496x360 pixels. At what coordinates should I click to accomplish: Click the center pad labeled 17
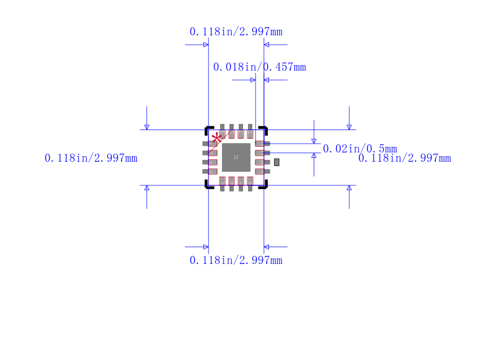pos(236,157)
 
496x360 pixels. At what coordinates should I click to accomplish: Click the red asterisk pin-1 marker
pos(217,138)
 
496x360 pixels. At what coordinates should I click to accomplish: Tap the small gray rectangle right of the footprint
pos(277,162)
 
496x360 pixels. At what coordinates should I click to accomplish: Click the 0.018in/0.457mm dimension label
pos(259,67)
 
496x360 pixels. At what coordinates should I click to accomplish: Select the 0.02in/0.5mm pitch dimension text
pos(360,149)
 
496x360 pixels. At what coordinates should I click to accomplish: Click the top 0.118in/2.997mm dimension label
pos(236,32)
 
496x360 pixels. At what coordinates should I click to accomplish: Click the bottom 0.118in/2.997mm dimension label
pos(236,260)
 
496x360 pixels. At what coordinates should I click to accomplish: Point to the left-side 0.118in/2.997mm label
pos(91,158)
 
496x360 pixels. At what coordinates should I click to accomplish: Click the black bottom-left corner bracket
pos(208,185)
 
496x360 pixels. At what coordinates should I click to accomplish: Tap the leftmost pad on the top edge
pos(222,131)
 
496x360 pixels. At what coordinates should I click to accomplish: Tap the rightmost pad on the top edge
pos(250,131)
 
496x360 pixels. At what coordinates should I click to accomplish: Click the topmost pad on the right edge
pos(263,144)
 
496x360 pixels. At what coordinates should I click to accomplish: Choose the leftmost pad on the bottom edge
pos(222,183)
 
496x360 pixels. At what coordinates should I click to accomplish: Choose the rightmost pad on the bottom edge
pos(250,183)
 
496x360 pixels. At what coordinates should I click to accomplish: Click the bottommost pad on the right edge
pos(263,172)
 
